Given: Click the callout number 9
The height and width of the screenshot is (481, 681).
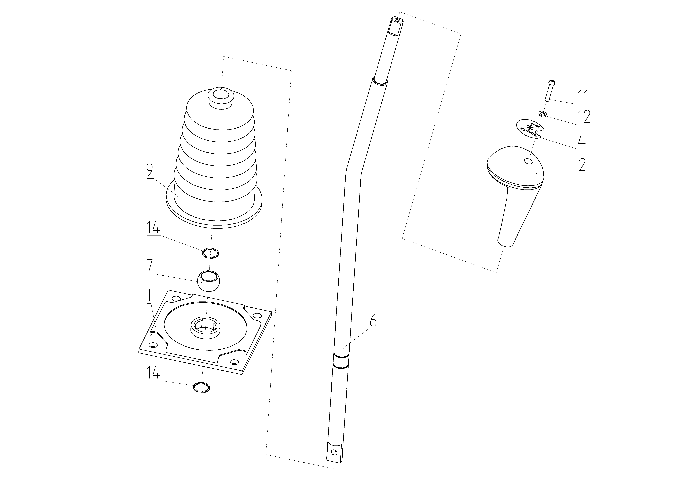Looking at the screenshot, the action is coord(149,170).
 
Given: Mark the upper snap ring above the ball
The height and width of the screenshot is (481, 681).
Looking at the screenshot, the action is coord(211,253).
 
